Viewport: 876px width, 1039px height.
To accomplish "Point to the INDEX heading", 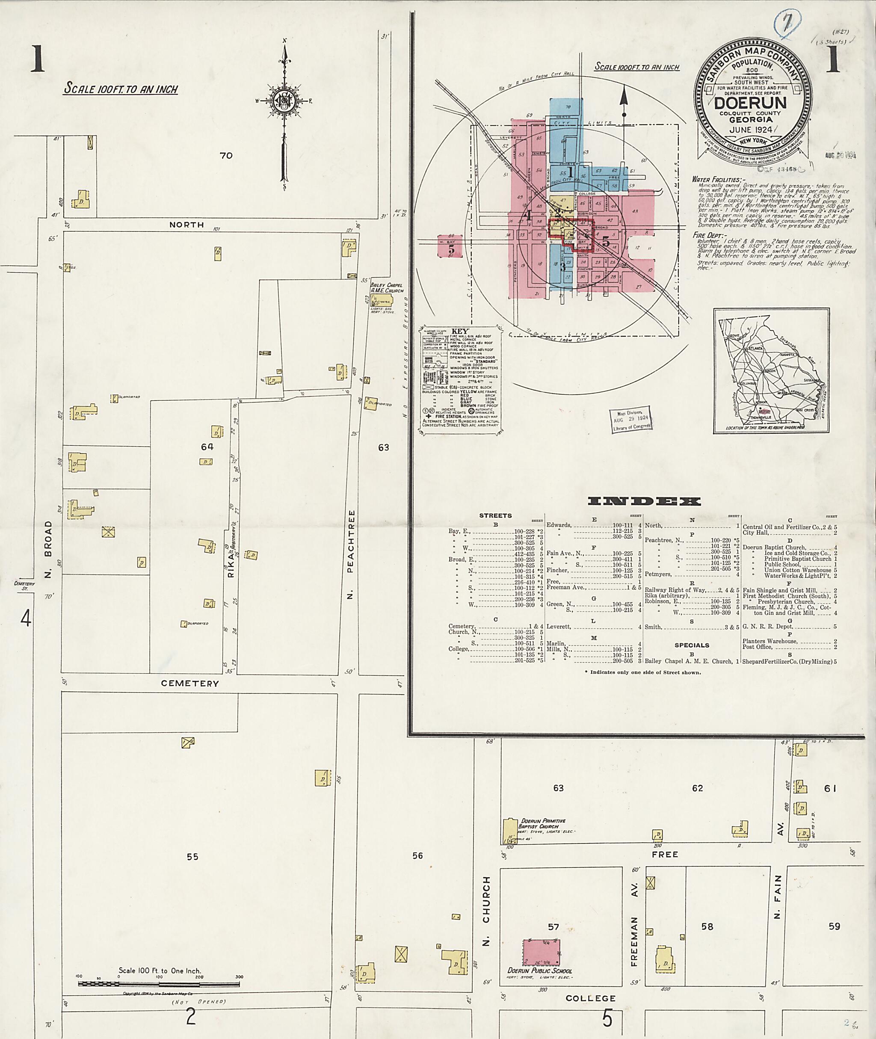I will [x=644, y=501].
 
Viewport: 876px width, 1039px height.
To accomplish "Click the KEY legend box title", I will [x=459, y=331].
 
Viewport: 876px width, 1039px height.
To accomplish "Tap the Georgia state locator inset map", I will [x=771, y=370].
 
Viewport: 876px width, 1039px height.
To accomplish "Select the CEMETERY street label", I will [x=190, y=684].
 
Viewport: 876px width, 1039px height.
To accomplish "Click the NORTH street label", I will [x=187, y=225].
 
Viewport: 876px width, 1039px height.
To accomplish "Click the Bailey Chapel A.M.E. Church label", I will [x=387, y=288].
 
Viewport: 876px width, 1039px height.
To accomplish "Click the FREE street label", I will [x=665, y=854].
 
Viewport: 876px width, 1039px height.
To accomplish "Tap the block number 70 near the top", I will [x=226, y=155].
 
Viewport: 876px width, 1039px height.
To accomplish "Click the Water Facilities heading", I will [x=719, y=179].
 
